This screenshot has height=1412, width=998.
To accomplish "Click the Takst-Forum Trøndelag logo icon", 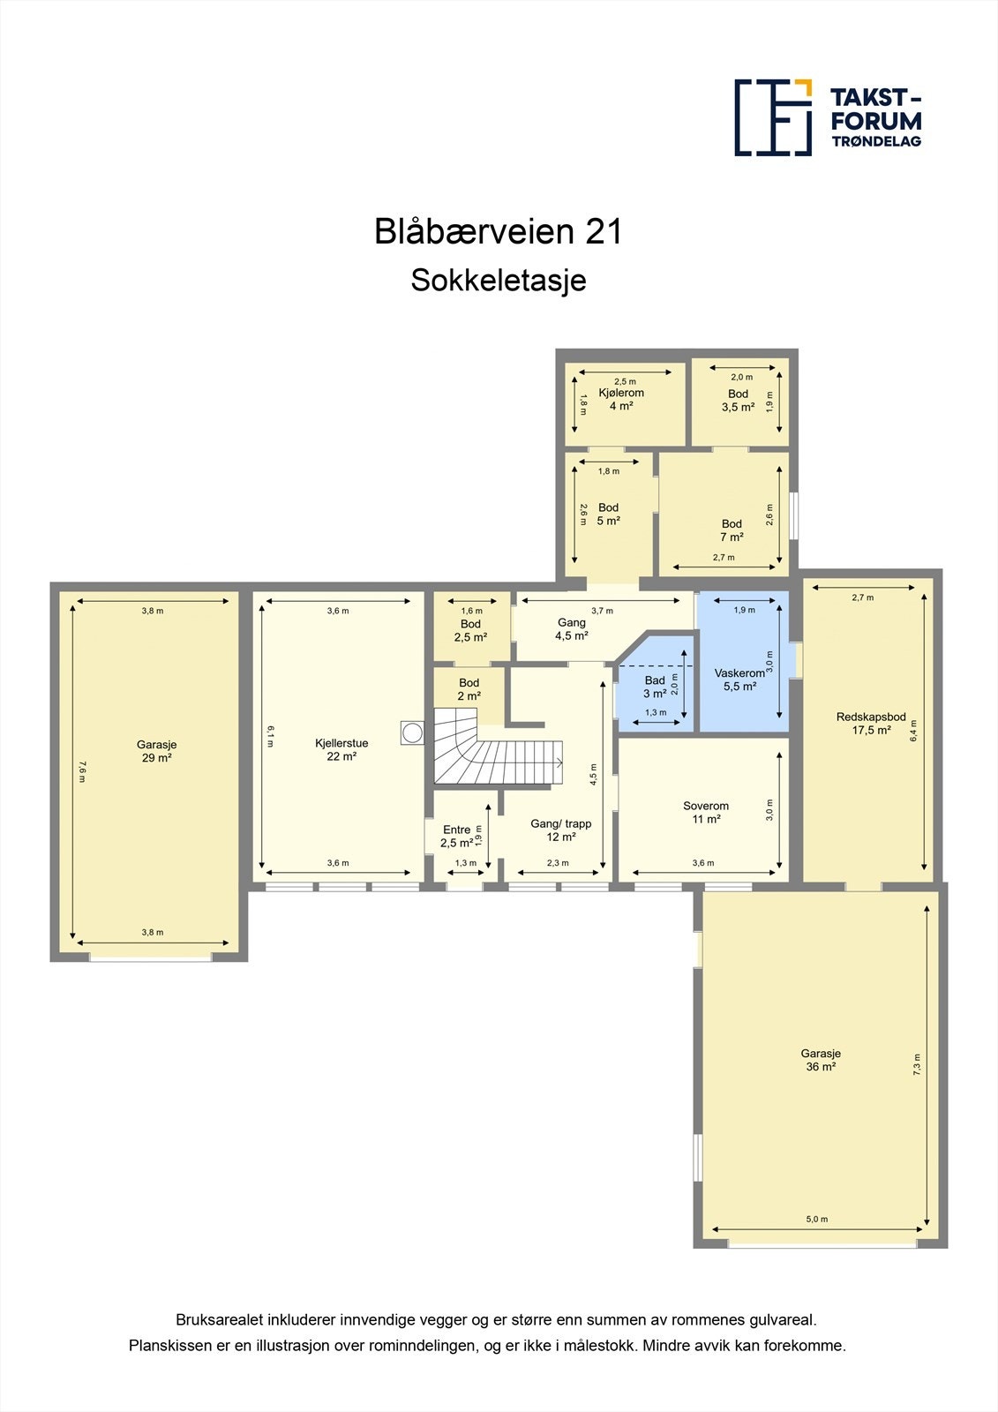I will (773, 117).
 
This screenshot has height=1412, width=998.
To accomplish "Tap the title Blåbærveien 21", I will (499, 231).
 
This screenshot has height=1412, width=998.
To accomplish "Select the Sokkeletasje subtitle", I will (499, 281).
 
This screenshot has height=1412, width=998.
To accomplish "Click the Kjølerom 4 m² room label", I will (621, 400).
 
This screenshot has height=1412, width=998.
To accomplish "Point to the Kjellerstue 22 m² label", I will (341, 749).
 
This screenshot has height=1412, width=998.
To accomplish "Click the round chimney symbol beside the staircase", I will (412, 732).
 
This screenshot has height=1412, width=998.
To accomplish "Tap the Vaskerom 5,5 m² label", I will (739, 680).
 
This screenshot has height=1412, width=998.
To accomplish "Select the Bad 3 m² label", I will (655, 687).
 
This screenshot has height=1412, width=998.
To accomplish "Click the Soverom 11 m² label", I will (706, 812).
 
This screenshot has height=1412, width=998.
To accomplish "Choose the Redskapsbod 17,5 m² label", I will (871, 724).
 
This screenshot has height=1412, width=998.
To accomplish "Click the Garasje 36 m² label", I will (821, 1060).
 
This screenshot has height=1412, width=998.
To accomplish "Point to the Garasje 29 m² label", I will (156, 751).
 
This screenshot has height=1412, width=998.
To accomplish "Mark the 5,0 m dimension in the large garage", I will (817, 1220).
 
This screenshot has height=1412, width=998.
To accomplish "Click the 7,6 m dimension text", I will (81, 771).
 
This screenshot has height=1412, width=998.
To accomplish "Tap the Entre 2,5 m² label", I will (457, 836).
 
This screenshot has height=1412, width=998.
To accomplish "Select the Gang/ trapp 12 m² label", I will (561, 830).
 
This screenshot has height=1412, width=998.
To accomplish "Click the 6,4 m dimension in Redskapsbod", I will (914, 730).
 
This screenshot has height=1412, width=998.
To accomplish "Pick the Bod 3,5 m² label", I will (738, 401).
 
